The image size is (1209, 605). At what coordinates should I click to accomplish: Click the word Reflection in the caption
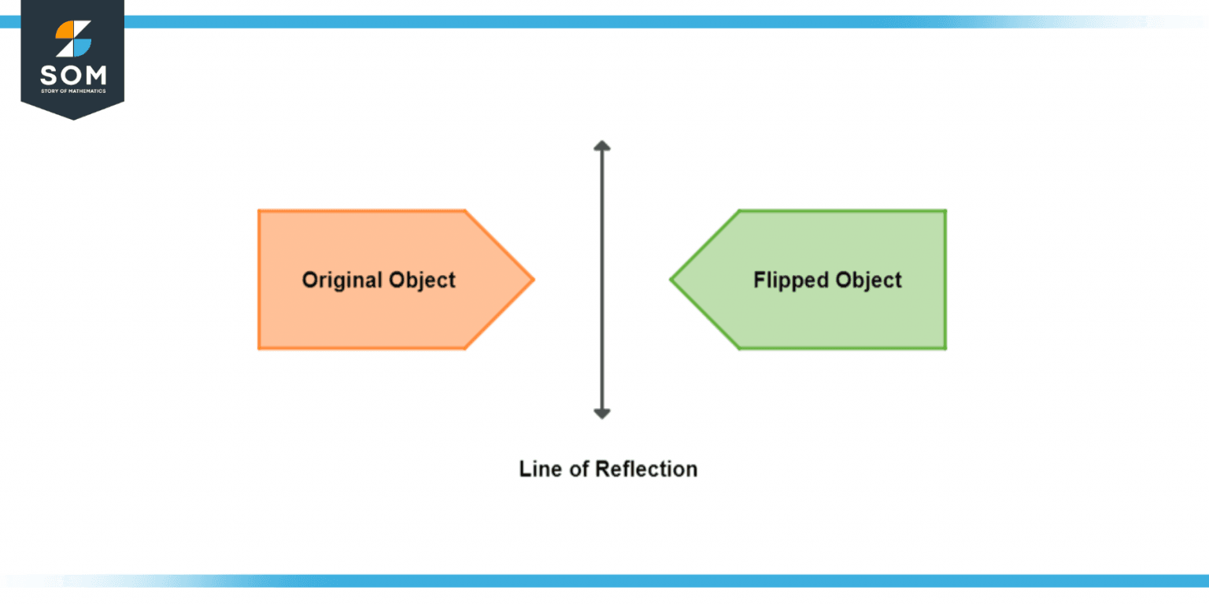646,469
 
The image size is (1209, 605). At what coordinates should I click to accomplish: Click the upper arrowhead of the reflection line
602,146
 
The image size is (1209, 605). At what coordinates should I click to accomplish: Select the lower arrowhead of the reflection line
602,414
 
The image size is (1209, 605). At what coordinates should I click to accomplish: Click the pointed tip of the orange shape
533,279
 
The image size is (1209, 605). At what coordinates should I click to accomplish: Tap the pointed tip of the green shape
671,279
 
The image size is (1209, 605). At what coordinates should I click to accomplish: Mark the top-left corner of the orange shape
259,211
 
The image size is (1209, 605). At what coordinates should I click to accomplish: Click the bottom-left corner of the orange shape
259,348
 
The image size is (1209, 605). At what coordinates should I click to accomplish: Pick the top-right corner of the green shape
945,211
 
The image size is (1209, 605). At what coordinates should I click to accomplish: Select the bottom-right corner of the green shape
945,348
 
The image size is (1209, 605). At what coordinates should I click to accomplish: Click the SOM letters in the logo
72,76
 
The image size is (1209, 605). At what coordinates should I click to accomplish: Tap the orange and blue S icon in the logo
73,39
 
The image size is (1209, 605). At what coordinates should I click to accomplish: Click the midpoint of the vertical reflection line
602,280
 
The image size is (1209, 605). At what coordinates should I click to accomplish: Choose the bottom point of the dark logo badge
72,119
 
